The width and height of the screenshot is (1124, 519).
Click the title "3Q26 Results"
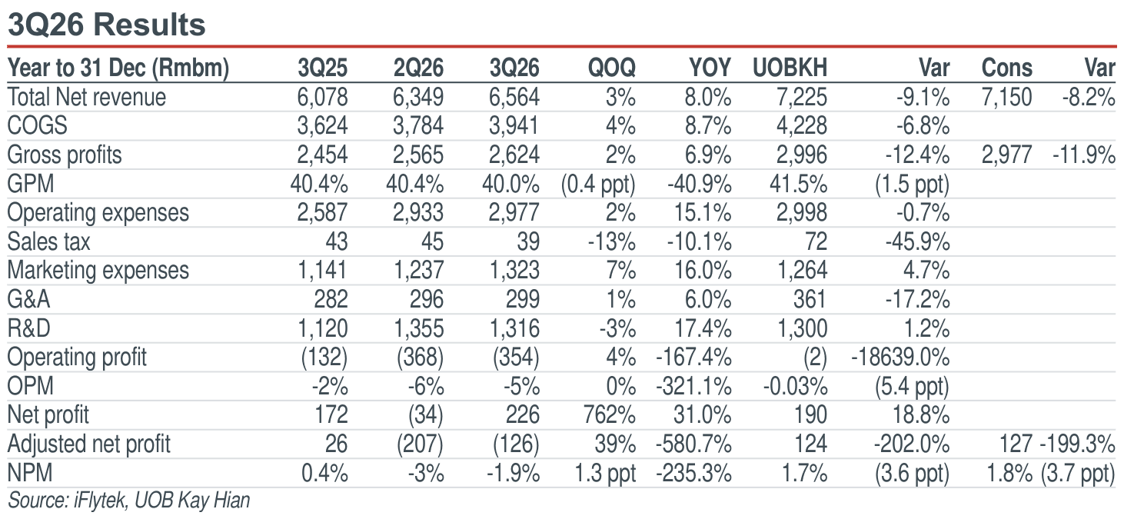coord(106,25)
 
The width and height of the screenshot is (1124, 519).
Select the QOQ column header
coord(612,68)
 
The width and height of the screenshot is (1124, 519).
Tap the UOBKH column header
coord(790,68)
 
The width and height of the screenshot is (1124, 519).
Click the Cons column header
coord(1007,68)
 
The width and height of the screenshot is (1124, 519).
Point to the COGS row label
coord(37,125)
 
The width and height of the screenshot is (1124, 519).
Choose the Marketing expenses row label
coord(98,271)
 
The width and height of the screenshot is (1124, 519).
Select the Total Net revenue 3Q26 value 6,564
coord(514,97)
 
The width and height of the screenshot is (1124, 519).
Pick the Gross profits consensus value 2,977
coord(1007,155)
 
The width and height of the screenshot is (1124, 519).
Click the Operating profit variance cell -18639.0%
coord(901,358)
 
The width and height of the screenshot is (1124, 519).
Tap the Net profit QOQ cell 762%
coord(610,415)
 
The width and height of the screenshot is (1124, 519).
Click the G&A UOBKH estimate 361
coord(810,300)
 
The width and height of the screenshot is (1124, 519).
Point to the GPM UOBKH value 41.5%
coord(798,184)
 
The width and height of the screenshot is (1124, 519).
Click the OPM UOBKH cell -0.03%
coord(795,387)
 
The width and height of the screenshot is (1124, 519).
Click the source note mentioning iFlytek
coord(129,501)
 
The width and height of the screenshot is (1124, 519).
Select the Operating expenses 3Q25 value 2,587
coord(322,213)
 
